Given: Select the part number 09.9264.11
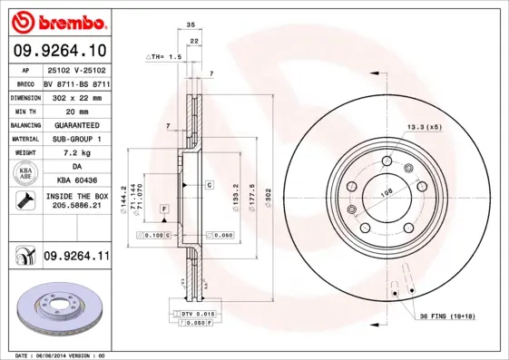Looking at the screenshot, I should click(x=76, y=258).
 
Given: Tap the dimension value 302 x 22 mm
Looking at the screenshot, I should click(x=75, y=96).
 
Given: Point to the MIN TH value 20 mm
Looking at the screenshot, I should click(x=75, y=110).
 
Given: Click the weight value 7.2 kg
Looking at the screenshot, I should click(x=75, y=153).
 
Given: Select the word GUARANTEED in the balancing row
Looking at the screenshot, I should click(x=75, y=124).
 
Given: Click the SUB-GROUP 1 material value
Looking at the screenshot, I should click(x=75, y=139).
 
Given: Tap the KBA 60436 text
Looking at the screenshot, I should click(x=75, y=180).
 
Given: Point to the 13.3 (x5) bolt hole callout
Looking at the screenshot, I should click(x=425, y=127).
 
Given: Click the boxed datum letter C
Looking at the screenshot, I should click(x=208, y=185).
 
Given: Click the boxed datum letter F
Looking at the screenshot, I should click(x=164, y=209).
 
